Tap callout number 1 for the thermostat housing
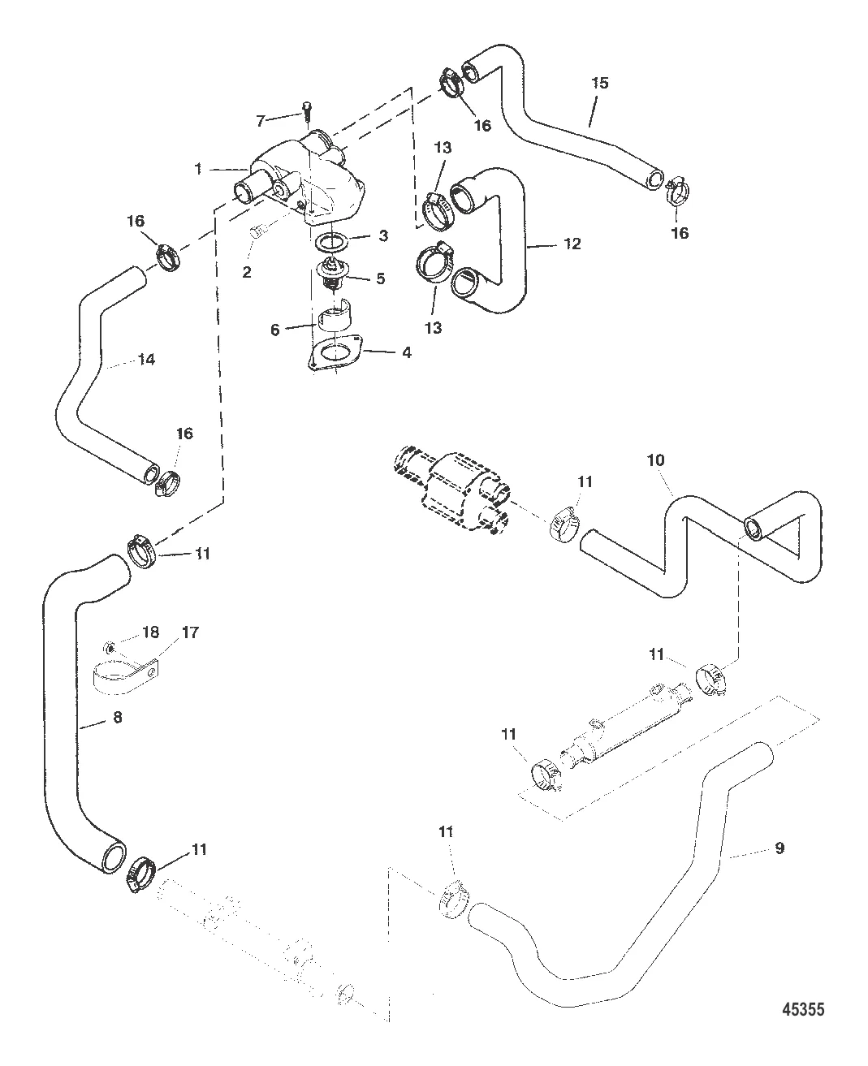(198, 169)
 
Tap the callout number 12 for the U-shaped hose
(572, 244)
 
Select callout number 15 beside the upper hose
(599, 83)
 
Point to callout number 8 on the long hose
(118, 718)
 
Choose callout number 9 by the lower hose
(779, 848)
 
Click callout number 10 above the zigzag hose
(655, 460)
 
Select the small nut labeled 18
(110, 646)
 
